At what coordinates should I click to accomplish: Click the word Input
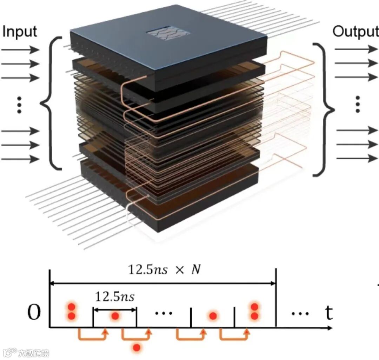(19, 32)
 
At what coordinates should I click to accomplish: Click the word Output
(355, 32)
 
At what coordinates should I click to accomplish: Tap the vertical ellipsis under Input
(19, 105)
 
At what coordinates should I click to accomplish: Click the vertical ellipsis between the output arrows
(358, 104)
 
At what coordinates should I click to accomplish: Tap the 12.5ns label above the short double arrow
(114, 297)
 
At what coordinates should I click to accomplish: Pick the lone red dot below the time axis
(137, 347)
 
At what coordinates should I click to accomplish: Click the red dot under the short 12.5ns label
(115, 316)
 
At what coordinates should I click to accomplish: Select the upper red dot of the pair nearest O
(72, 306)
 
